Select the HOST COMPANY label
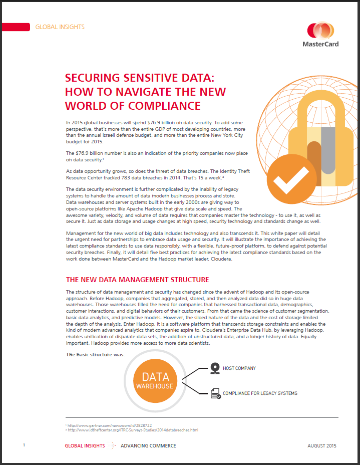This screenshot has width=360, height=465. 239,368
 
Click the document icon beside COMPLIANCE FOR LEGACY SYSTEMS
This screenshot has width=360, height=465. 216,393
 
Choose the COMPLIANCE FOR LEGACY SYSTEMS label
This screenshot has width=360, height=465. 260,393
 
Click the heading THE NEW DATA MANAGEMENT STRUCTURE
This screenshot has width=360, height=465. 138,279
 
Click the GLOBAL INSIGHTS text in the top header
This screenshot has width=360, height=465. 60,27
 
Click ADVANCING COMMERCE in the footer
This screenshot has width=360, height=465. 148,445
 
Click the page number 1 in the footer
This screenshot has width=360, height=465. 24,445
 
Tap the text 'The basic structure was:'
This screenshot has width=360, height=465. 95,355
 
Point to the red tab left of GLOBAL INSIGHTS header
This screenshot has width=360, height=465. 14,27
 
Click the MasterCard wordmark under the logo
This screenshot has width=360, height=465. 320,44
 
